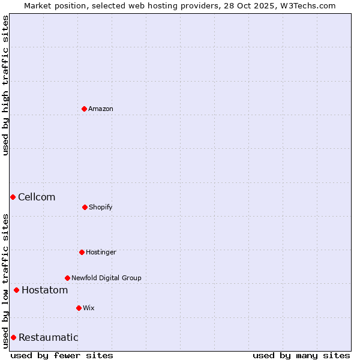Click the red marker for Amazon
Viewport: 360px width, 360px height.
(84, 109)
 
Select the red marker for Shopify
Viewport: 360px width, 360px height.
(85, 207)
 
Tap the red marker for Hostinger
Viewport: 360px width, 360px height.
(82, 252)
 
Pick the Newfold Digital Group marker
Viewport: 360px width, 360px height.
(67, 278)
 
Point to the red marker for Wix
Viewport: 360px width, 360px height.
(79, 308)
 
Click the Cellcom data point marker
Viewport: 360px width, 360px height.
(13, 197)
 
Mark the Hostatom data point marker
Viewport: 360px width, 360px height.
(16, 290)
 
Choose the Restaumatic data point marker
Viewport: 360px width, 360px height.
(13, 337)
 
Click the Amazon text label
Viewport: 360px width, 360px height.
(101, 109)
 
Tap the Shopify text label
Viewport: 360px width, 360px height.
(101, 207)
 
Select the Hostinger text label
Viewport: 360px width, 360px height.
(101, 252)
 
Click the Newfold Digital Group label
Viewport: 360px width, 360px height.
(106, 278)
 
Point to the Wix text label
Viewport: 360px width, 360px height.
(89, 308)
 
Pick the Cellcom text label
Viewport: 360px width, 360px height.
(37, 197)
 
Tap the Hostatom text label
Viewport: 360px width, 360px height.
(44, 290)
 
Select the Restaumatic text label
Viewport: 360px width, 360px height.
(48, 337)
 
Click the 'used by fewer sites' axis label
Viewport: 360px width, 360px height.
(62, 355)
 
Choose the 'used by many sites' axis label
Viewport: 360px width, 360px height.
(301, 355)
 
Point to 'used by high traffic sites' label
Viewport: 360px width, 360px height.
(5, 85)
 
